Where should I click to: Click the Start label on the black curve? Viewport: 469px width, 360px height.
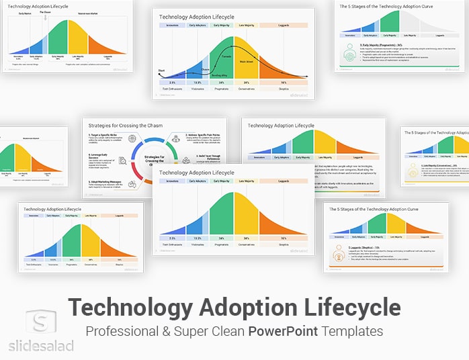(162, 70)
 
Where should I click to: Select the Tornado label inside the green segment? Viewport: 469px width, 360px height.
(226, 56)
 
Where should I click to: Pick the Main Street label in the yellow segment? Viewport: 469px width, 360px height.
(246, 61)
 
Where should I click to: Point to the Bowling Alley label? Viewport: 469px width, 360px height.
(220, 76)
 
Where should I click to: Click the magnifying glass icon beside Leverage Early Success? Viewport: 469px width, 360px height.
(123, 161)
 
